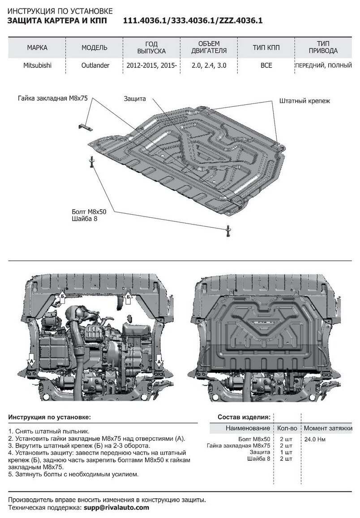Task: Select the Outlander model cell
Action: (94, 65)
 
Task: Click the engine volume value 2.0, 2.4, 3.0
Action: (209, 65)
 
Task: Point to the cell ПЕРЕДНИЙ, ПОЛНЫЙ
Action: (322, 65)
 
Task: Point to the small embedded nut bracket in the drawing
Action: (84, 125)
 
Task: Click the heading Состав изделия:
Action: (244, 417)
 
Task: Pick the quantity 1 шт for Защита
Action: (286, 453)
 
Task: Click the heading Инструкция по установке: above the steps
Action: (49, 417)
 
